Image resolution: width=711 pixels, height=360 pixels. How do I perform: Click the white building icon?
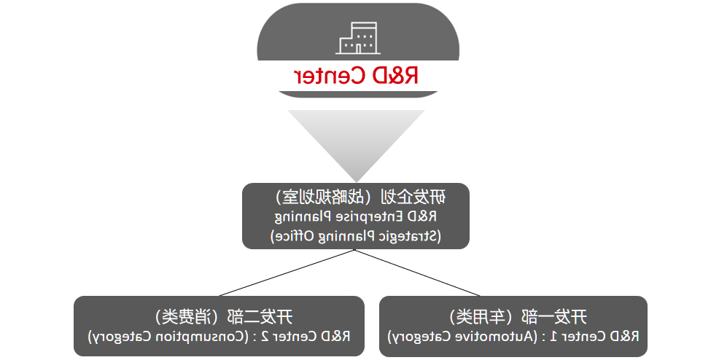[x=358, y=38]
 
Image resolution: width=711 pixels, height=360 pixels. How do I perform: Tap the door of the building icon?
[x=358, y=49]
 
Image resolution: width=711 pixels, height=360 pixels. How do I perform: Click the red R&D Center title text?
[x=356, y=75]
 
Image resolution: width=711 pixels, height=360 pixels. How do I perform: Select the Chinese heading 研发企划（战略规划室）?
[x=360, y=197]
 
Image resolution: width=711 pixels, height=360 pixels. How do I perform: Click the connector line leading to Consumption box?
[x=287, y=273]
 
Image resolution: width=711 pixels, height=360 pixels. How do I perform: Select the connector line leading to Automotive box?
[x=418, y=273]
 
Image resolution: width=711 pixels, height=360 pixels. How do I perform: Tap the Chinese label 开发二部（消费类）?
[x=224, y=316]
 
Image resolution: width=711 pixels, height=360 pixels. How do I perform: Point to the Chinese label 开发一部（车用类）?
[x=518, y=316]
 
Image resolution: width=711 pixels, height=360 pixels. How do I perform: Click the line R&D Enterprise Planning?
[x=356, y=216]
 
